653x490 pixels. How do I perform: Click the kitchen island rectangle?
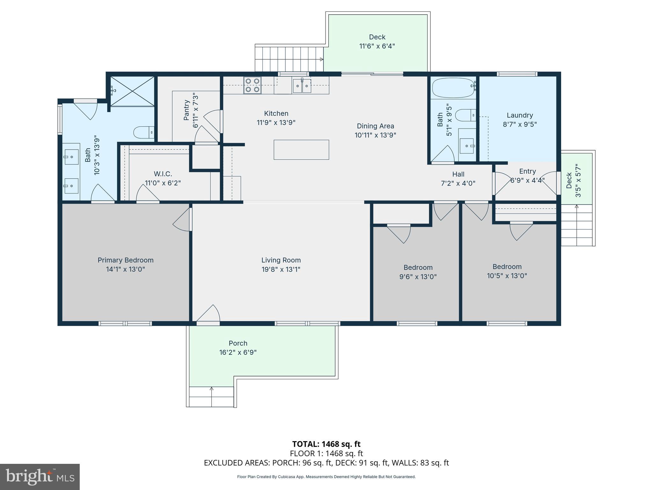[301, 150]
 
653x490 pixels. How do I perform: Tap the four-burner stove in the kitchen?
[252, 85]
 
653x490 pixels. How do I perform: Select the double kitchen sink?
[302, 85]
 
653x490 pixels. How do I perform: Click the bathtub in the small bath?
[453, 88]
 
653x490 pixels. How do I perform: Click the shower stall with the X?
[132, 91]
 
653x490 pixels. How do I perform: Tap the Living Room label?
[281, 260]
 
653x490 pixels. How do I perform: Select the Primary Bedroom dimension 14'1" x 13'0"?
[125, 269]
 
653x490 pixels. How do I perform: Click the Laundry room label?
[520, 115]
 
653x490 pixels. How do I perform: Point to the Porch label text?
[238, 343]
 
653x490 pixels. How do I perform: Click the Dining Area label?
[375, 126]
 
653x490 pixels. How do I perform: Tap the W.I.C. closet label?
[163, 174]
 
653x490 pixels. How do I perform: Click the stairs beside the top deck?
[289, 59]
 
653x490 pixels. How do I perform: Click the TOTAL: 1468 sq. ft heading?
[326, 444]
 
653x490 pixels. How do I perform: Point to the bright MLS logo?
[40, 477]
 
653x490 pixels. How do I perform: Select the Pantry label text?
[187, 110]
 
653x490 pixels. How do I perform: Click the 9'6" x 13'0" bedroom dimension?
[418, 277]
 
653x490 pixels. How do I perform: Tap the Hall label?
[458, 174]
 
